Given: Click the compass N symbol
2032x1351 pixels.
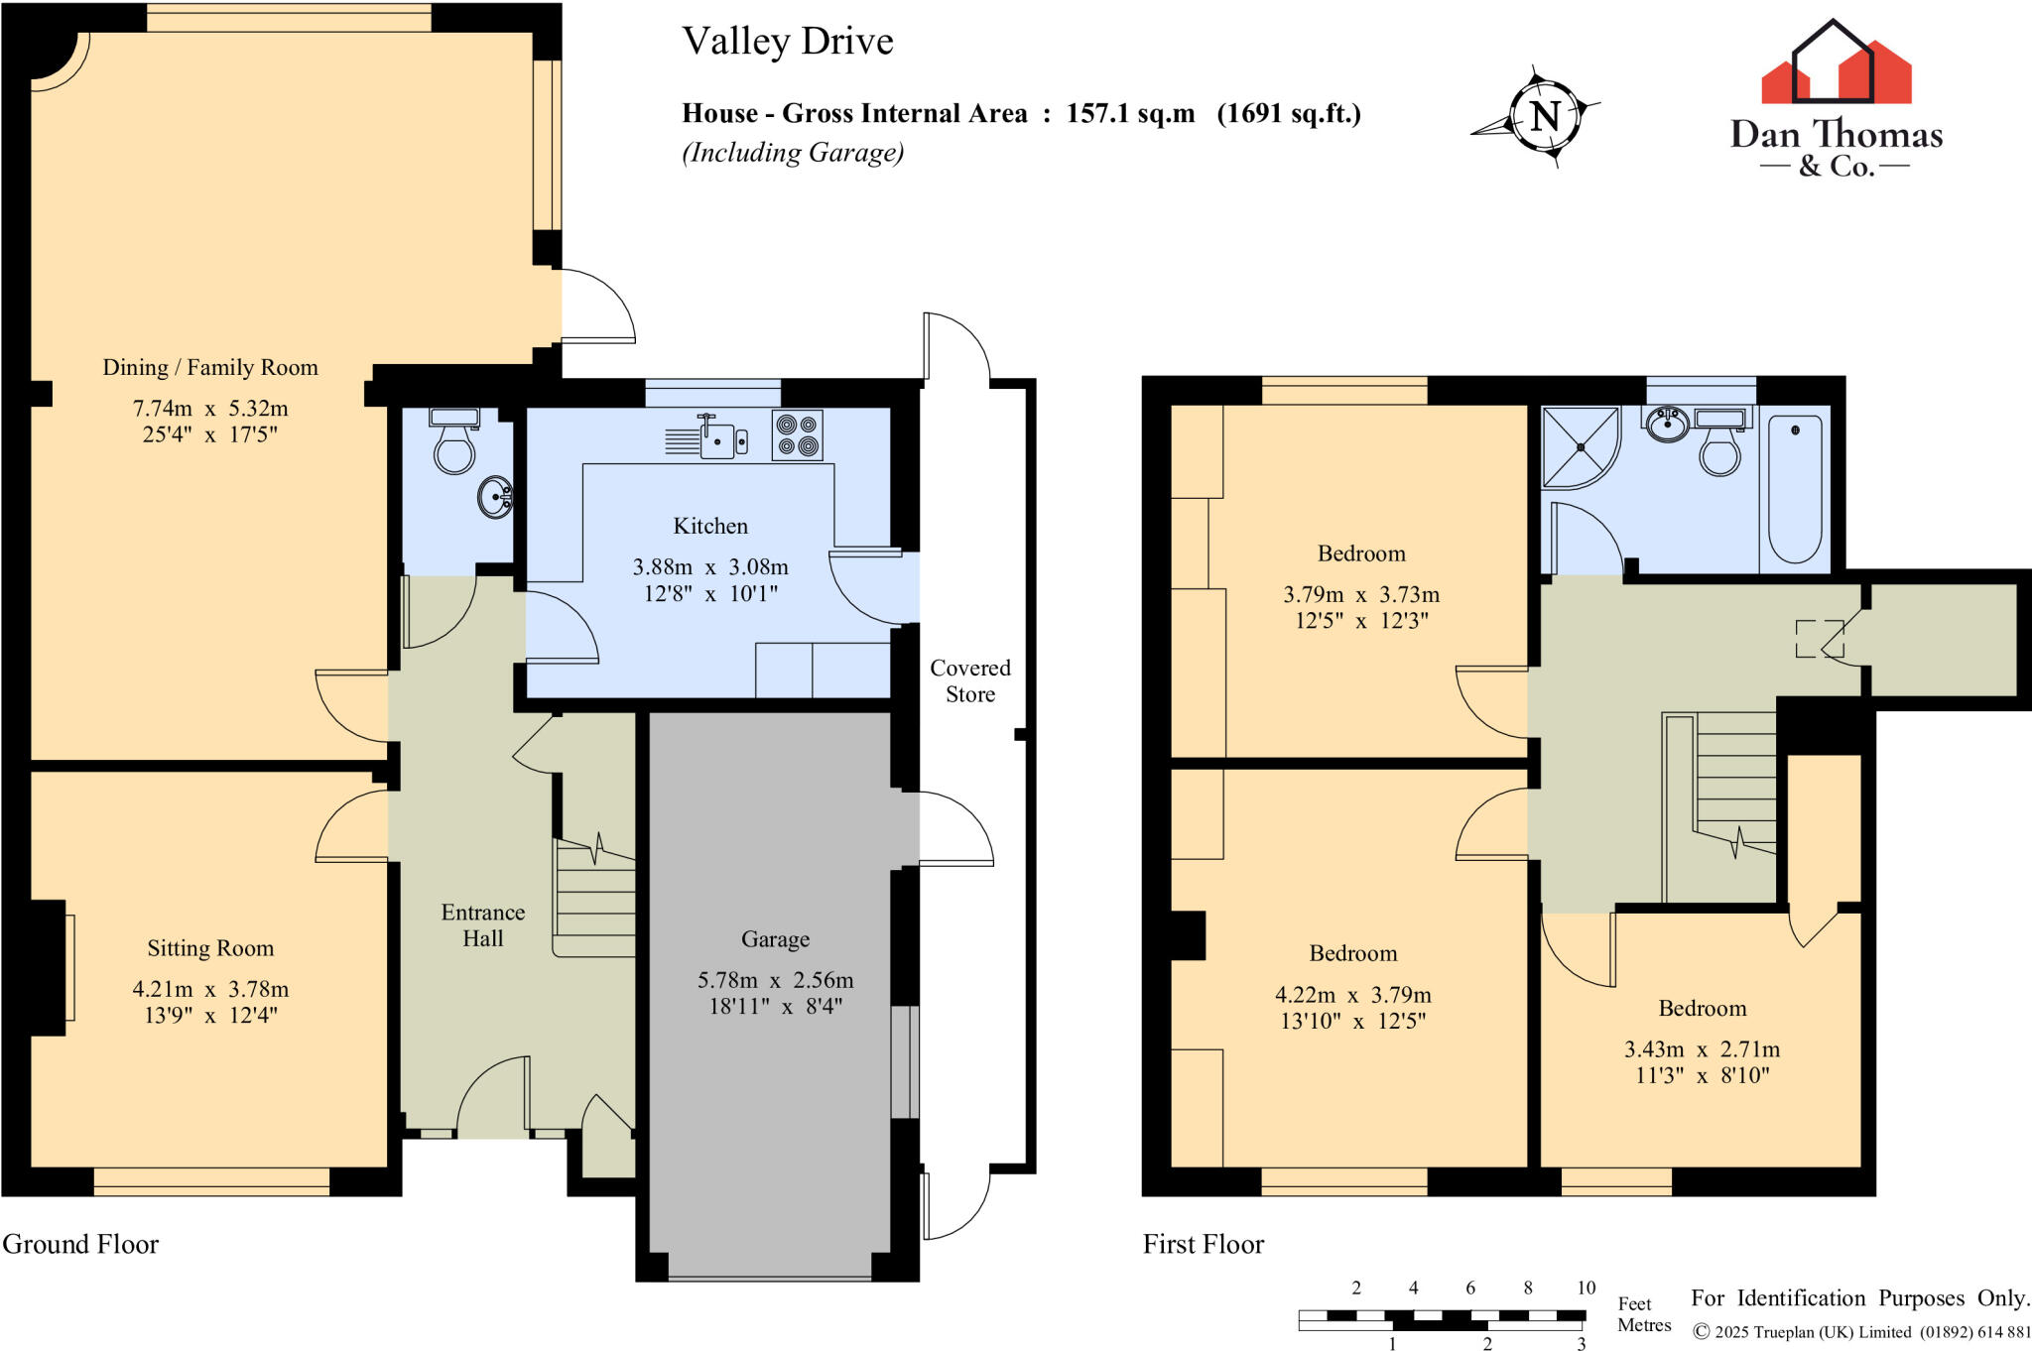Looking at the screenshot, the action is pyautogui.click(x=1544, y=117).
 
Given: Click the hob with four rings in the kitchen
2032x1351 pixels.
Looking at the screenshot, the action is pyautogui.click(x=797, y=435).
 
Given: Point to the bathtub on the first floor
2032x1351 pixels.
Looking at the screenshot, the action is pyautogui.click(x=1795, y=489).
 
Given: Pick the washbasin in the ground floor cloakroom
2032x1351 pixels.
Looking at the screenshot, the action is pyautogui.click(x=495, y=497).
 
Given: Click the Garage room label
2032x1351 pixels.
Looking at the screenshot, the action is pyautogui.click(x=775, y=939).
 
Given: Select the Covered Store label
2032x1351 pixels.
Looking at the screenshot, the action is pyautogui.click(x=970, y=680).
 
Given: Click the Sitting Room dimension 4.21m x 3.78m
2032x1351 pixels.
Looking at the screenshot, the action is pyautogui.click(x=210, y=989).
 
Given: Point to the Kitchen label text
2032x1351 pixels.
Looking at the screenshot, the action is pyautogui.click(x=710, y=526).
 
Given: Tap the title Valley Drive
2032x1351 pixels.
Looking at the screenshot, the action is pyautogui.click(x=788, y=41).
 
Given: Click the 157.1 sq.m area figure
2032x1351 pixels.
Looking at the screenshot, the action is pyautogui.click(x=1131, y=113).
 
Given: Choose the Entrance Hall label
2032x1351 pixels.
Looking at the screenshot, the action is pyautogui.click(x=483, y=925).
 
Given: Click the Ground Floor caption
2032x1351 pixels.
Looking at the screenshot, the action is pyautogui.click(x=80, y=1244).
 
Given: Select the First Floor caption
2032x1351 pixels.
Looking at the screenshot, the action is pyautogui.click(x=1204, y=1244).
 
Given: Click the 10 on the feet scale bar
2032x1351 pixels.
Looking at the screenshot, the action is pyautogui.click(x=1586, y=1288).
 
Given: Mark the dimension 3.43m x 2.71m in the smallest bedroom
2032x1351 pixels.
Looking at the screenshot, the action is pyautogui.click(x=1702, y=1048).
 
